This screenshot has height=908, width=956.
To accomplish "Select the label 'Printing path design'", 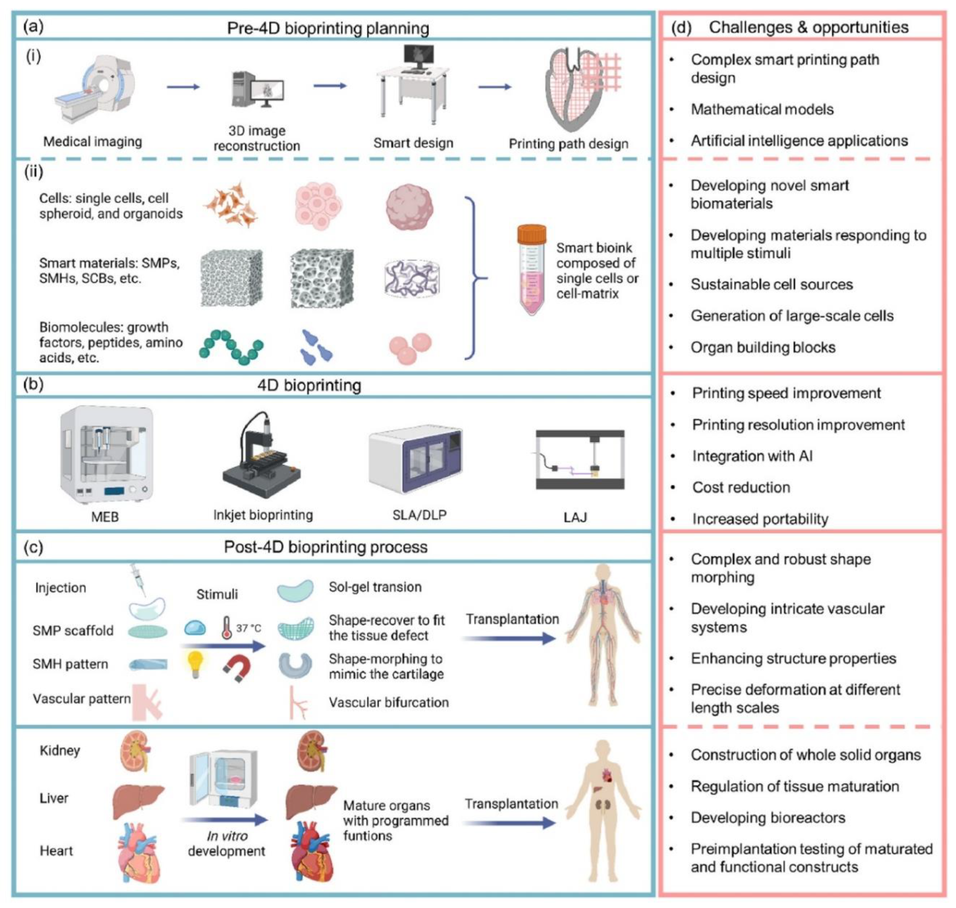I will [568, 144].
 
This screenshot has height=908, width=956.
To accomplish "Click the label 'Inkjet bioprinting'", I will [263, 515].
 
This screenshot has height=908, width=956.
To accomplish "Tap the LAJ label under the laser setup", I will [575, 518].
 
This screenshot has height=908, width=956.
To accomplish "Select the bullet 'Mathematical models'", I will [762, 109].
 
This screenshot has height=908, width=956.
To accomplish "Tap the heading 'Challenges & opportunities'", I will [808, 27].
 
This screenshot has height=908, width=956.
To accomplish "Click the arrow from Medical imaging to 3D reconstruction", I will [183, 87].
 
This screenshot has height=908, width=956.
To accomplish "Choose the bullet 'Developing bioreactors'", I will [768, 818].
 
